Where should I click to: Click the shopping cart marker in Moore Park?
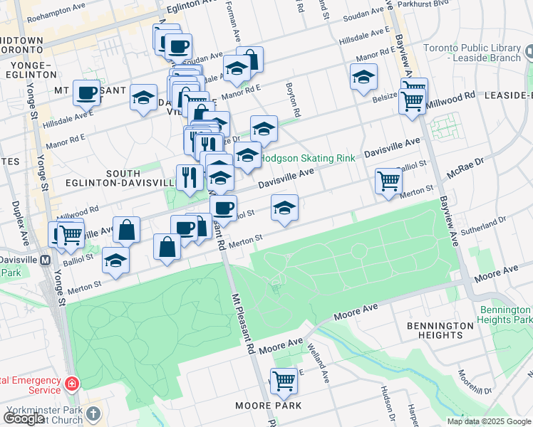tap(284, 381)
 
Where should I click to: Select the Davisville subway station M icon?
tap(45, 260)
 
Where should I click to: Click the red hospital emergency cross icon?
tap(71, 384)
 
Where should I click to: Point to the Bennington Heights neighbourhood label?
tap(440, 330)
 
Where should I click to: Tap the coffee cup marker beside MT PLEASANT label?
tap(87, 93)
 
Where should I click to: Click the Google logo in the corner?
tap(23, 418)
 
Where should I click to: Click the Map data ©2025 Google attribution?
tap(489, 421)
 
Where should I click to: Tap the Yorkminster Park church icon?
tap(93, 413)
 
